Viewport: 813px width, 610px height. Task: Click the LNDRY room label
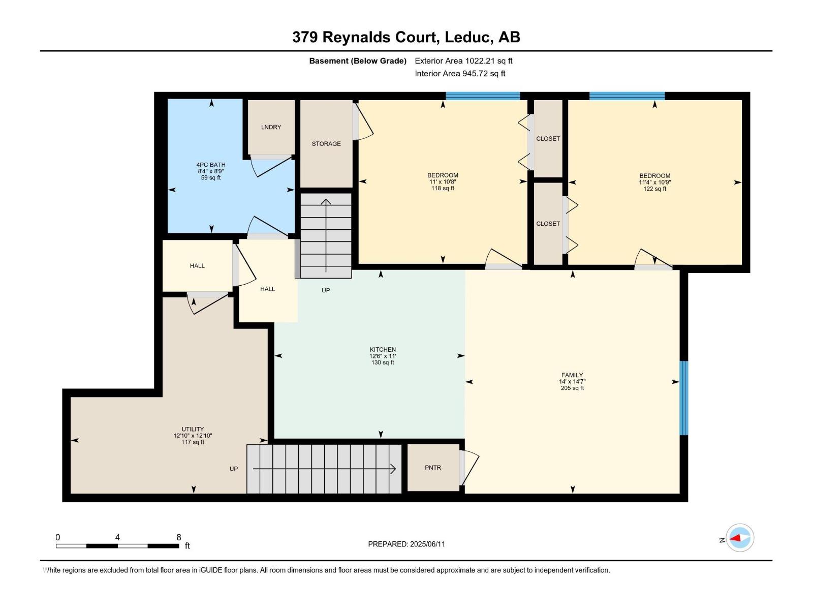coord(271,127)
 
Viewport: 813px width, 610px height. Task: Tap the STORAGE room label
coord(326,144)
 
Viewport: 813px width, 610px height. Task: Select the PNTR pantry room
coord(433,468)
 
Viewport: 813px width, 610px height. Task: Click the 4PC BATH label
coord(211,165)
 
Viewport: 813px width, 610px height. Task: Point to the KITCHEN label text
coord(383,350)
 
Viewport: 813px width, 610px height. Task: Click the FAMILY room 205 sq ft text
coord(572,388)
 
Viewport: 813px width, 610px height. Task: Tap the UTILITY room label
coord(193,429)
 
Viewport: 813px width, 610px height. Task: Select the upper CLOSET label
coord(548,139)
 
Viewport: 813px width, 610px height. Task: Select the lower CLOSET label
coord(548,224)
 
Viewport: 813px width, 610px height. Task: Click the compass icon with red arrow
coord(739,538)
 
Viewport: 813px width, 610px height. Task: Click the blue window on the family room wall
coord(684,398)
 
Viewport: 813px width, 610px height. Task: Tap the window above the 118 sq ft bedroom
coord(483,96)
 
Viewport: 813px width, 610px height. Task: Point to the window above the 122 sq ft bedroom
coord(627,96)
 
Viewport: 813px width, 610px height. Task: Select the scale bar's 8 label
coord(178,537)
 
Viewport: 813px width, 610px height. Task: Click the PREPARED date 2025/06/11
coord(407,544)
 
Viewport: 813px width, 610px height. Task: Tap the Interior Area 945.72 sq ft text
coord(460,74)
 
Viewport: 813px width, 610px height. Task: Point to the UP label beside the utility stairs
coord(234,469)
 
